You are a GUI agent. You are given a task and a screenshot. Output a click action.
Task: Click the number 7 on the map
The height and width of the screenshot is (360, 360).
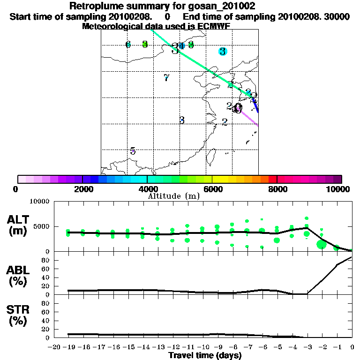pyautogui.click(x=166, y=78)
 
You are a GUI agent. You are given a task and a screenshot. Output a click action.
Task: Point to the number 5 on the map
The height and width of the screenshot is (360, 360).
pyautogui.click(x=133, y=151)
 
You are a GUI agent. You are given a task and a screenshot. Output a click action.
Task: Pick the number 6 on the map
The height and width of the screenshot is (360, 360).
pyautogui.click(x=128, y=45)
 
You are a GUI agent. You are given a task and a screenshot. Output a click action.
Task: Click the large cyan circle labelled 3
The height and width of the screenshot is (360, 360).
pyautogui.click(x=223, y=51)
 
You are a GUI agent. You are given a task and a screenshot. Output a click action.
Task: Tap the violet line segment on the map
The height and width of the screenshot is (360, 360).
pyautogui.click(x=249, y=117)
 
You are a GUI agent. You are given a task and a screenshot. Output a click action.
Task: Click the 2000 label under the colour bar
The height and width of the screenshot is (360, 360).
pyautogui.click(x=82, y=189)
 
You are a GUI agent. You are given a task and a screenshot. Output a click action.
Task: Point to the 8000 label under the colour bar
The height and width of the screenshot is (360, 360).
pyautogui.click(x=277, y=189)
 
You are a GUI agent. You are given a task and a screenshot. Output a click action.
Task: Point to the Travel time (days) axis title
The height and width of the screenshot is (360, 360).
pyautogui.click(x=205, y=356)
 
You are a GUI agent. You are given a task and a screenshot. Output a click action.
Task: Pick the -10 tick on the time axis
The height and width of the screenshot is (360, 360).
pyautogui.click(x=202, y=347)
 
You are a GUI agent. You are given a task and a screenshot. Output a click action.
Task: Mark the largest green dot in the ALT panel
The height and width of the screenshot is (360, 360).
pyautogui.click(x=322, y=244)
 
